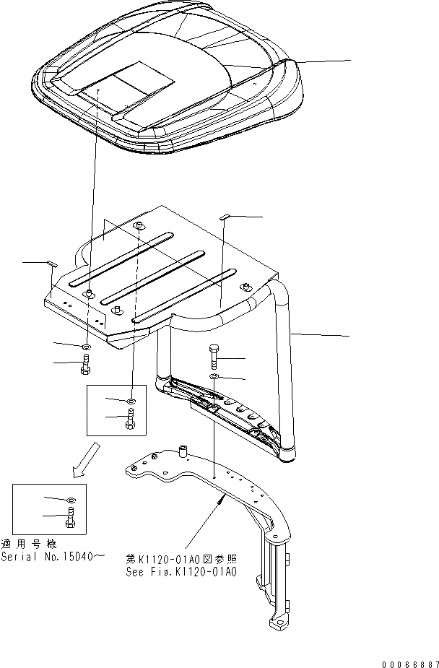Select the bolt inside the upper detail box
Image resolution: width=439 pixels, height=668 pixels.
130,418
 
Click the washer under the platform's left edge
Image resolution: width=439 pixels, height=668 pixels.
86,347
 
